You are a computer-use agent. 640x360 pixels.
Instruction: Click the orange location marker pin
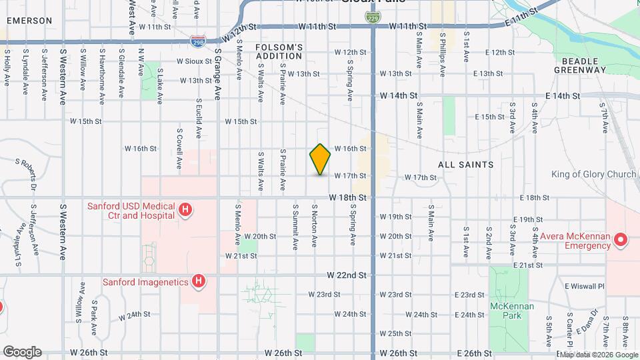320,159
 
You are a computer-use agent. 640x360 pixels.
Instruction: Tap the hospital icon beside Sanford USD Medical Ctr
186,211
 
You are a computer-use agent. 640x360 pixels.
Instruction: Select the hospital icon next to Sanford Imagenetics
197,281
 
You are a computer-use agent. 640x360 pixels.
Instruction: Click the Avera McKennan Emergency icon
620,239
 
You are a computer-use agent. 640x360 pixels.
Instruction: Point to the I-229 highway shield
374,15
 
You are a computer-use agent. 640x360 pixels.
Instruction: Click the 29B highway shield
198,41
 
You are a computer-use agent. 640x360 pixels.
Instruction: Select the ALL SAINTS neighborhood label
465,164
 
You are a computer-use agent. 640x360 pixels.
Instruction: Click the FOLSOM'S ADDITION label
279,51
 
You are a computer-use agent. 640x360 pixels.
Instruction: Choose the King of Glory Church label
593,175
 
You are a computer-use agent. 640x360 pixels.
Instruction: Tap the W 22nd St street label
347,275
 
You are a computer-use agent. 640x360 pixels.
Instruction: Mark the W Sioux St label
193,61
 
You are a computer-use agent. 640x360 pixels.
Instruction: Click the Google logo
22,352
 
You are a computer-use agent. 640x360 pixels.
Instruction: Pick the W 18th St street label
347,198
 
